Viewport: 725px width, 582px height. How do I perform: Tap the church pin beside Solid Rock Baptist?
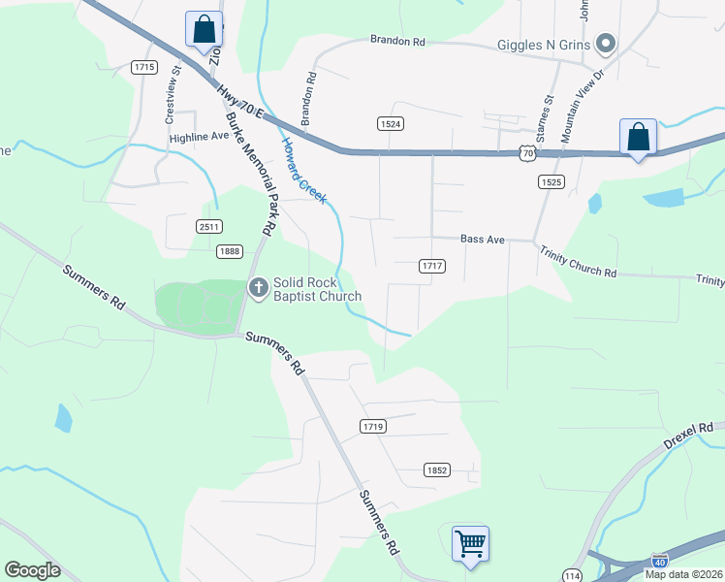click(258, 287)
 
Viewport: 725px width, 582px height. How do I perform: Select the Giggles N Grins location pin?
click(606, 44)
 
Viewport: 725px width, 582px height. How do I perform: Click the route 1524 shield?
click(390, 123)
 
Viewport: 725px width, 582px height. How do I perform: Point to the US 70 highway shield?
click(525, 153)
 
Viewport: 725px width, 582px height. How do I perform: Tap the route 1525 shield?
click(550, 181)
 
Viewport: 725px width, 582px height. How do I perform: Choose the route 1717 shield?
click(432, 266)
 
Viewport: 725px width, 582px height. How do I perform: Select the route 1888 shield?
click(230, 251)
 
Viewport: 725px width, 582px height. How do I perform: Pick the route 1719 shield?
click(372, 426)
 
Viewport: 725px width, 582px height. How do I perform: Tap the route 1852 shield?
click(437, 469)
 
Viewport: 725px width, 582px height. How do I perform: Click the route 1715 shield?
click(145, 67)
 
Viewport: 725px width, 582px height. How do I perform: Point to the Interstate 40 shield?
click(659, 561)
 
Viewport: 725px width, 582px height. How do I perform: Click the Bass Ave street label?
click(483, 239)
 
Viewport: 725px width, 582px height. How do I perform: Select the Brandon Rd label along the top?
click(397, 42)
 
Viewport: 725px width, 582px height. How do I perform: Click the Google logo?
click(32, 570)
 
